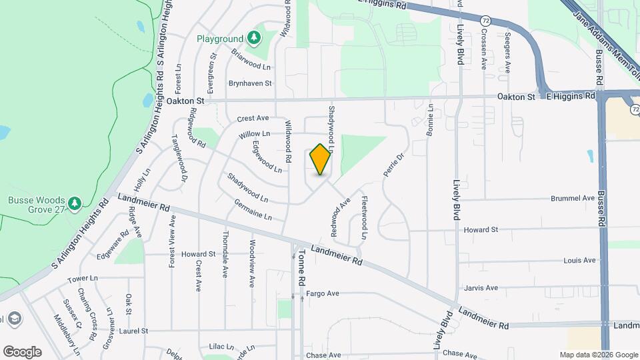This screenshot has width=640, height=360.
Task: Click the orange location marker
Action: tap(321, 159)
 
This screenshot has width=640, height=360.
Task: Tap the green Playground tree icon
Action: tap(253, 37)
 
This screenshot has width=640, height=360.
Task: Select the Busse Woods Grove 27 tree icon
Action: tap(75, 201)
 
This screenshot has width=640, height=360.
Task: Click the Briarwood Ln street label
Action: tap(251, 59)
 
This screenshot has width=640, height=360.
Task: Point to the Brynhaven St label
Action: tap(250, 83)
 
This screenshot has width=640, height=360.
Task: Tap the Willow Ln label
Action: tap(253, 135)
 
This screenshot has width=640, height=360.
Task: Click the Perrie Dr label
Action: tap(394, 164)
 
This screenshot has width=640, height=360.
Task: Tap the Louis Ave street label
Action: tap(579, 260)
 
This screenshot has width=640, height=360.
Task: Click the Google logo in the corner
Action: tap(22, 352)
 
